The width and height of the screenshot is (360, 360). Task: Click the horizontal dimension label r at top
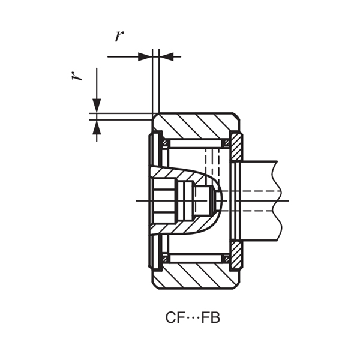pyautogui.click(x=119, y=35)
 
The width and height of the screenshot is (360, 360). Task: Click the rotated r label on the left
pyautogui.click(x=77, y=76)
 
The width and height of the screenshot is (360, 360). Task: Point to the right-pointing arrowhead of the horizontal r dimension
pyautogui.click(x=145, y=56)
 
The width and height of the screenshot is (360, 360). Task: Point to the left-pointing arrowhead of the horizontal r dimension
pyautogui.click(x=167, y=56)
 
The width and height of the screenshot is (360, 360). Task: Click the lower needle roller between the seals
pyautogui.click(x=195, y=258)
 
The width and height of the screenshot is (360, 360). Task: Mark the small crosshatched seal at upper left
pyautogui.click(x=166, y=143)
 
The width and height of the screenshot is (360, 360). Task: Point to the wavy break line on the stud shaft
pyautogui.click(x=277, y=198)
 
